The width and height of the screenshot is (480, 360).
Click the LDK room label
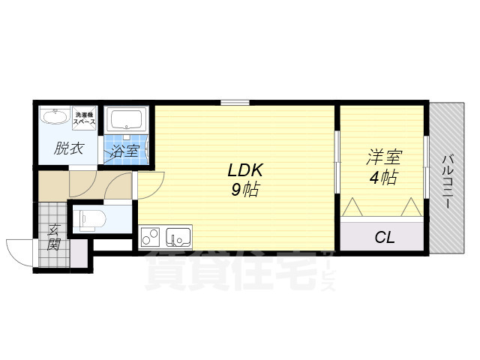tap(244, 170)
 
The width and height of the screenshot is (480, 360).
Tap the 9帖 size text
tap(244, 190)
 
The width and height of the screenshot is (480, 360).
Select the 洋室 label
tap(384, 158)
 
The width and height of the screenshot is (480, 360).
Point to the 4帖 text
tap(384, 178)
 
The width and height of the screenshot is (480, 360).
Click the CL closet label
tap(385, 238)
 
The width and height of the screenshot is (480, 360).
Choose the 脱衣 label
tap(68, 148)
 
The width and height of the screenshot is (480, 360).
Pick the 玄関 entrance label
tap(54, 237)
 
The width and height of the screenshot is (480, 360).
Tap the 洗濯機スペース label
tap(84, 118)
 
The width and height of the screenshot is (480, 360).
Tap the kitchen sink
tap(178, 237)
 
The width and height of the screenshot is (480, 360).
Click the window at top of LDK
tap(235, 102)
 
